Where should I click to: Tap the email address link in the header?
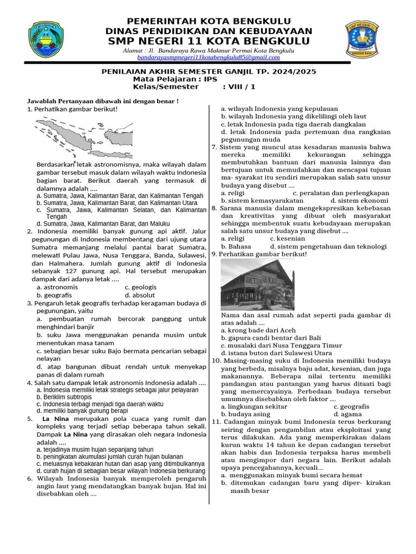(209, 57)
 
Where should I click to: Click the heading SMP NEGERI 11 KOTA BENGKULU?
(209, 42)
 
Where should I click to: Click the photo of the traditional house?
(257, 284)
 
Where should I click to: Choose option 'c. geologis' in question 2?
(140, 287)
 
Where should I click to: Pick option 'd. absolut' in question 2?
(139, 295)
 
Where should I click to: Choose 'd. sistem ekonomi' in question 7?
(358, 200)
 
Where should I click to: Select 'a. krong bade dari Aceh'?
(258, 330)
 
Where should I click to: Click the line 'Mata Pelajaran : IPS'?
(175, 79)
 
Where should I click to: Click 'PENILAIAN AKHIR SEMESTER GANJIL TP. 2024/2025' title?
(209, 71)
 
